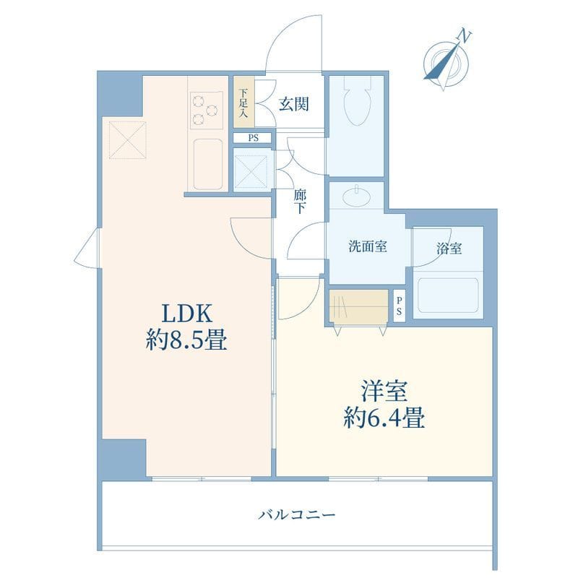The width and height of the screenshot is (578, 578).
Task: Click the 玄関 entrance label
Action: pyautogui.click(x=293, y=104)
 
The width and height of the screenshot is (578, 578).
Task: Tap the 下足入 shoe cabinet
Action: pyautogui.click(x=243, y=102)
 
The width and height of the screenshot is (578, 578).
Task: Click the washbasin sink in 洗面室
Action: pyautogui.click(x=356, y=197)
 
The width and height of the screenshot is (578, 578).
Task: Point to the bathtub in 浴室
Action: pyautogui.click(x=448, y=296)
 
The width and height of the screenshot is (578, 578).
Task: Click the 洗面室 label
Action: pyautogui.click(x=368, y=246)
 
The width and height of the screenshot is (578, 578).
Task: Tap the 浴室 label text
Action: pyautogui.click(x=449, y=249)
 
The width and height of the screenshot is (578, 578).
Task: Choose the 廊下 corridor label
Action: pyautogui.click(x=300, y=202)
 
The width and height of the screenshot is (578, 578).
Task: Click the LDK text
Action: pyautogui.click(x=187, y=314)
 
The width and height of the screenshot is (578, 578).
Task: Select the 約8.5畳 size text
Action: pyautogui.click(x=186, y=340)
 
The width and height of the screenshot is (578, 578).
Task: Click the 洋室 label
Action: pyautogui.click(x=384, y=391)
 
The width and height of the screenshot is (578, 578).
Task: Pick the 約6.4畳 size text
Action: pyautogui.click(x=384, y=418)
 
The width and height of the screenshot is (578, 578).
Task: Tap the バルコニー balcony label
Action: pyautogui.click(x=297, y=514)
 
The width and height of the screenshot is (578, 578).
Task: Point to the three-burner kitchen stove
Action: pyautogui.click(x=206, y=109)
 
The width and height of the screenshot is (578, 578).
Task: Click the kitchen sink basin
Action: pyautogui.click(x=208, y=164)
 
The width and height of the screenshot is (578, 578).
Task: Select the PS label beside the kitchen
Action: pyautogui.click(x=254, y=138)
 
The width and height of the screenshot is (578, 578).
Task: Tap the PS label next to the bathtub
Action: pyautogui.click(x=399, y=306)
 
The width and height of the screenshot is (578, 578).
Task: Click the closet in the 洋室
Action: pyautogui.click(x=358, y=307)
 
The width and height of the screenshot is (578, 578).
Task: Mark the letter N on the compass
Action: pyautogui.click(x=465, y=37)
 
